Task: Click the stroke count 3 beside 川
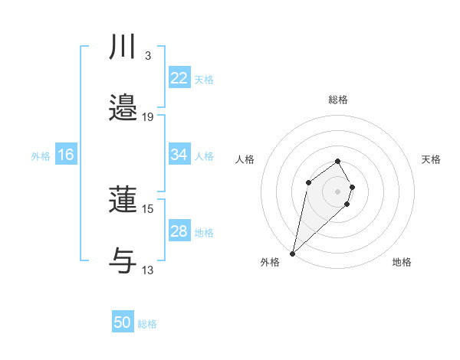tap(147, 56)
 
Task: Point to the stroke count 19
tap(148, 117)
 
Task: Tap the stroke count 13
tap(148, 270)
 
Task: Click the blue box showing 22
tap(179, 78)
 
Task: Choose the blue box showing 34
tap(179, 155)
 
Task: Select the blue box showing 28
tap(179, 231)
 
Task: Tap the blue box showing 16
tap(65, 155)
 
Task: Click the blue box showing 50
tap(123, 322)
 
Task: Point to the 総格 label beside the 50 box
tap(148, 324)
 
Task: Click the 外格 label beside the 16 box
tap(41, 155)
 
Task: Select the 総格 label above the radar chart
tap(337, 100)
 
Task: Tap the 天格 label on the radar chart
tap(431, 159)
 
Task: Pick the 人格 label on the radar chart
tap(245, 159)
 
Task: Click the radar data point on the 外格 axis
tap(292, 253)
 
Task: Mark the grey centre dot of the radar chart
tap(337, 191)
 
